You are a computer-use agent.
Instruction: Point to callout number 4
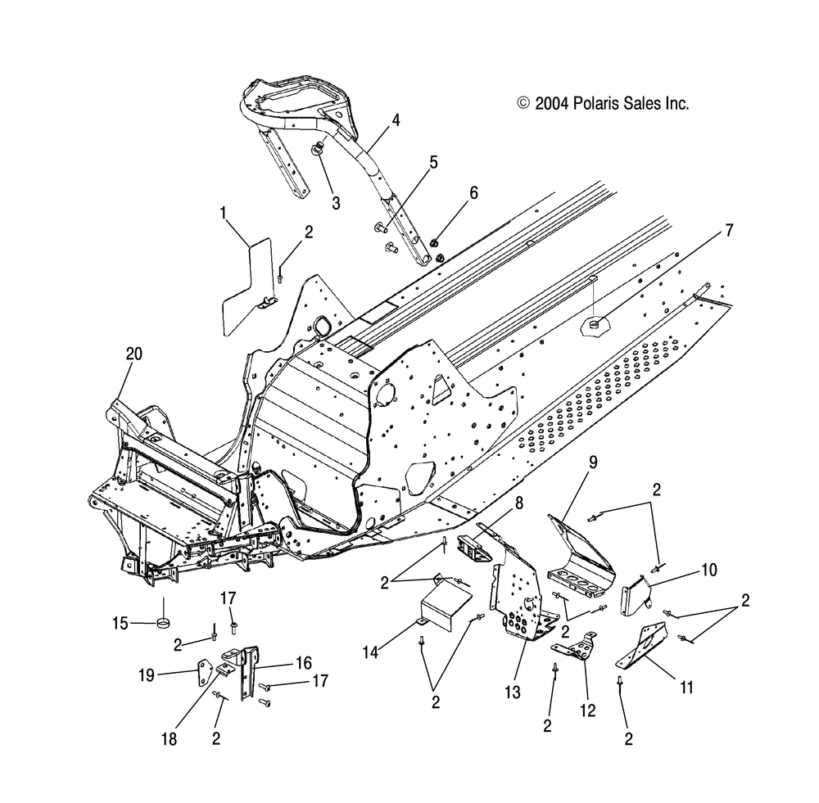[x=396, y=120]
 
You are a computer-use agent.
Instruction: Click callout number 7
[x=728, y=232]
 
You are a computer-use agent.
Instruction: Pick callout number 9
[x=593, y=462]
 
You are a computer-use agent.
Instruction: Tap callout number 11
[x=686, y=688]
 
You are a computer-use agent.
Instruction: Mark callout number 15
[x=120, y=624]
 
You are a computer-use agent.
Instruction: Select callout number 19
[x=147, y=674]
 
